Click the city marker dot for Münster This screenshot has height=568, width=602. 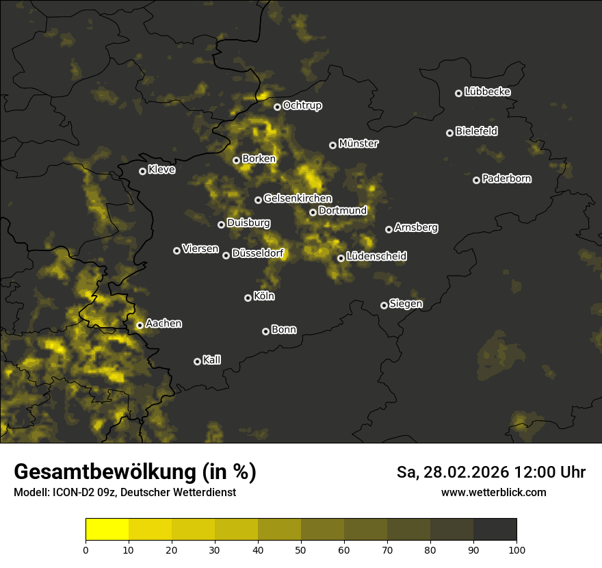pyautogui.click(x=333, y=145)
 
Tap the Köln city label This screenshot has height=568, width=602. pyautogui.click(x=264, y=296)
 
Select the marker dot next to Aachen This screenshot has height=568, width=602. pyautogui.click(x=140, y=325)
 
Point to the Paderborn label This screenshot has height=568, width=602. pyautogui.click(x=507, y=179)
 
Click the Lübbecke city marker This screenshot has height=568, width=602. pyautogui.click(x=459, y=93)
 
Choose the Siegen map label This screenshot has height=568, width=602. pyautogui.click(x=406, y=304)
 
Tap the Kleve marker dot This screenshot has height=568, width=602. pyautogui.click(x=142, y=171)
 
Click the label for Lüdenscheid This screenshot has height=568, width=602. pyautogui.click(x=376, y=257)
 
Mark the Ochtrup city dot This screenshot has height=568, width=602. pyautogui.click(x=277, y=107)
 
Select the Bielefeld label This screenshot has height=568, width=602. pyautogui.click(x=477, y=131)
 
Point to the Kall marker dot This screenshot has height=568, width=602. pyautogui.click(x=197, y=361)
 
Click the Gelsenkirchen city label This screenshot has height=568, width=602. pyautogui.click(x=298, y=198)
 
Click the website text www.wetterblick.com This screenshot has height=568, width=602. pyautogui.click(x=494, y=492)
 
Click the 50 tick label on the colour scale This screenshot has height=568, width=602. pyautogui.click(x=301, y=549)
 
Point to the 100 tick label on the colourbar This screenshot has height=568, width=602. pyautogui.click(x=516, y=549)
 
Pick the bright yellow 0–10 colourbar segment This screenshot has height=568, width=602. pyautogui.click(x=107, y=530)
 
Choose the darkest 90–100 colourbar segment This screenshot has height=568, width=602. pyautogui.click(x=495, y=530)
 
